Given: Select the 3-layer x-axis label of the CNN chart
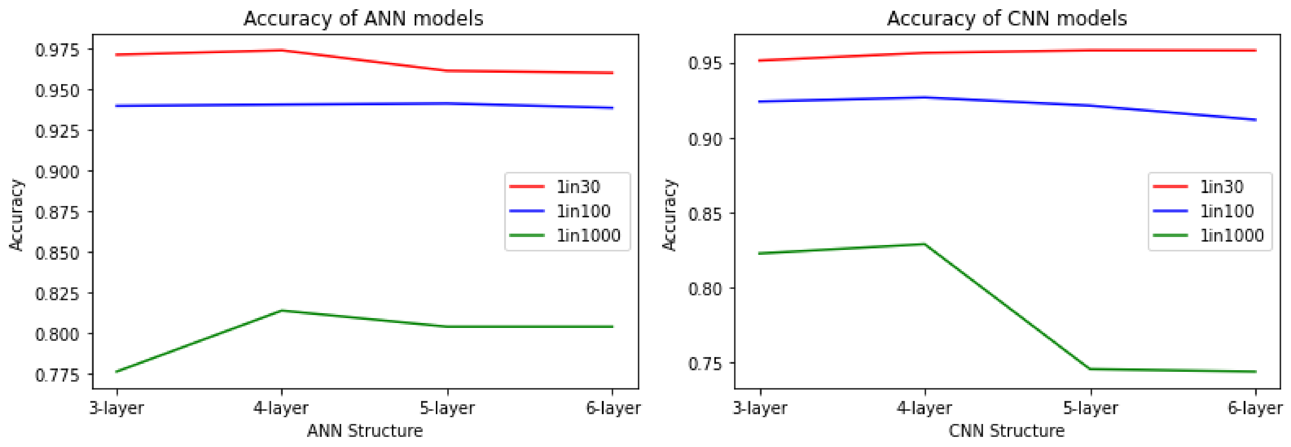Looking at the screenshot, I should tap(760, 408).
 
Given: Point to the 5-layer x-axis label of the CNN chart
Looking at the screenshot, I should tap(1091, 408).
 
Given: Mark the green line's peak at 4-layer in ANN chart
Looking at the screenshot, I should tap(282, 311).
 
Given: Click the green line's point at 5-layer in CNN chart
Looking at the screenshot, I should tap(1091, 369).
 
